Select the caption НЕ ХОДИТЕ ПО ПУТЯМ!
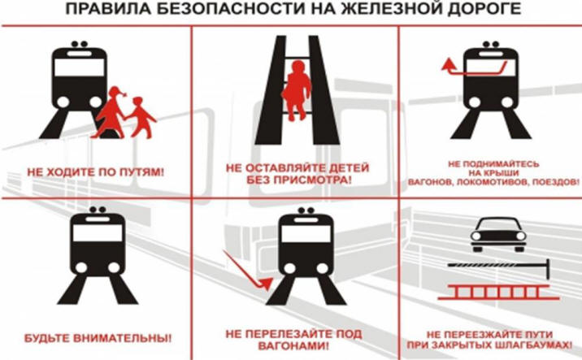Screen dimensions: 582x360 point(95,172)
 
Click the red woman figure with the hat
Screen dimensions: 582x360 point(110,112)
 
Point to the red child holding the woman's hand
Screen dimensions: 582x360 point(140,117)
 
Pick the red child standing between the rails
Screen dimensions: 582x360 point(296,91)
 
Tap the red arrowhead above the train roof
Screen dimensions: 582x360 point(449,64)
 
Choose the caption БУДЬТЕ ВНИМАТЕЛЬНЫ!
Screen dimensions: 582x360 point(98,339)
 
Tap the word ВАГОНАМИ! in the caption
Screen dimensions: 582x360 point(293,346)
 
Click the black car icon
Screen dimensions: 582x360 point(498,234)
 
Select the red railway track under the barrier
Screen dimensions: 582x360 point(498,292)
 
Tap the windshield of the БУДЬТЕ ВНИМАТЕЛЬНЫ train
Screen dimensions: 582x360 point(98,232)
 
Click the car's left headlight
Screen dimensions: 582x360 point(476,236)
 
